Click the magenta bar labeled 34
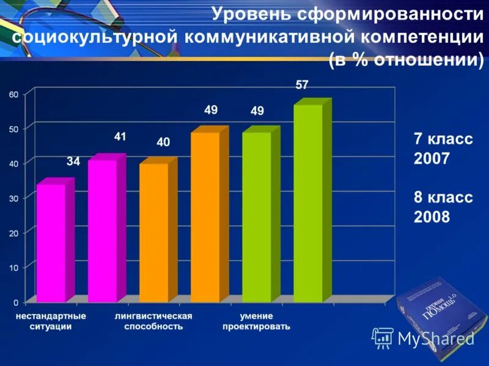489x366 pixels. pyautogui.click(x=51, y=243)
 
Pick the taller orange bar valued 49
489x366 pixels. pyautogui.click(x=205, y=217)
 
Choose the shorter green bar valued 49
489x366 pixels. pyautogui.click(x=256, y=217)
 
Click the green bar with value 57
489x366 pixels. pyautogui.click(x=307, y=203)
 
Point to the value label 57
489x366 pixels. pyautogui.click(x=302, y=85)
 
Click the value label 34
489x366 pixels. pyautogui.click(x=73, y=162)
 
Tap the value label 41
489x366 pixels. pyautogui.click(x=120, y=137)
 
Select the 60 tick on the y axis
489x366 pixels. pyautogui.click(x=13, y=94)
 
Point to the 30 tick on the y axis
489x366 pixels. pyautogui.click(x=13, y=198)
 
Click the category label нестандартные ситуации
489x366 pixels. pyautogui.click(x=51, y=321)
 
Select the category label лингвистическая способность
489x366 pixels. pyautogui.click(x=153, y=321)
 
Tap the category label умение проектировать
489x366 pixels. pyautogui.click(x=256, y=321)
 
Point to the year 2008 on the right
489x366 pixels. pyautogui.click(x=432, y=217)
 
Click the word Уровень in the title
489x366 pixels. pyautogui.click(x=246, y=13)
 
